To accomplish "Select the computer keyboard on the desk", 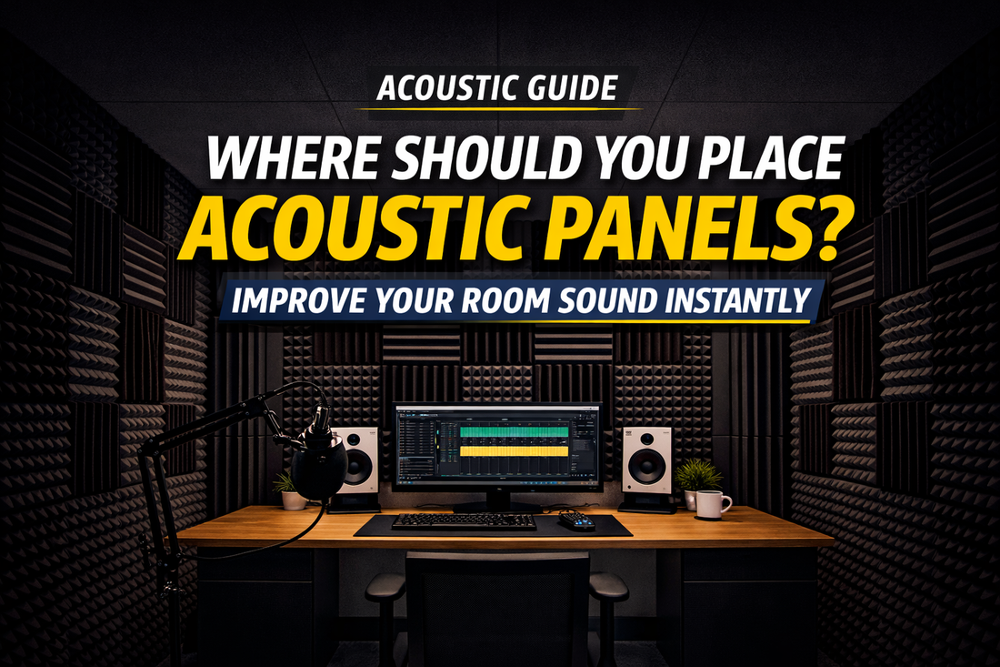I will tap(464, 521).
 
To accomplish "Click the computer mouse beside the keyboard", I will tap(577, 520).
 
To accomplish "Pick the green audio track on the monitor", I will tap(514, 431).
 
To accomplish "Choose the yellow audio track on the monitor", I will tap(514, 450).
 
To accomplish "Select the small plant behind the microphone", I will tap(289, 490).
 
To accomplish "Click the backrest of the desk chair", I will tap(497, 601).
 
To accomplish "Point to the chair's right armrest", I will tap(608, 586).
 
